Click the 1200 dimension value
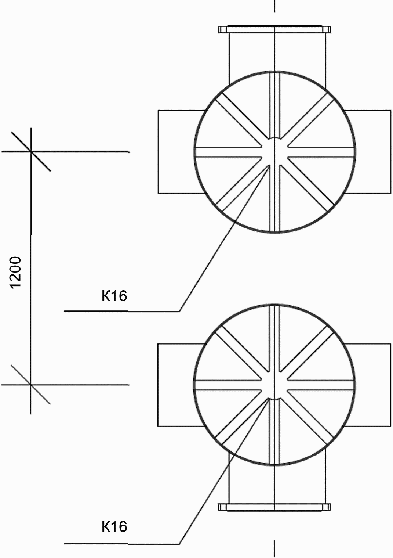tap(16, 273)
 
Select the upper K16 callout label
tap(114, 296)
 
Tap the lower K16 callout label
tap(114, 526)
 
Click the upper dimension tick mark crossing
tap(30, 151)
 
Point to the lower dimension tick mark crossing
tap(30, 384)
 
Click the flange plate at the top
tap(274, 29)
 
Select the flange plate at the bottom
tap(274, 507)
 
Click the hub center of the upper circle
tap(274, 151)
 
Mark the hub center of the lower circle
tap(274, 385)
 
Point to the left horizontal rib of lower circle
tap(228, 385)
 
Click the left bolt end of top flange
tap(222, 29)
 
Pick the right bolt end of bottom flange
tap(328, 507)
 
